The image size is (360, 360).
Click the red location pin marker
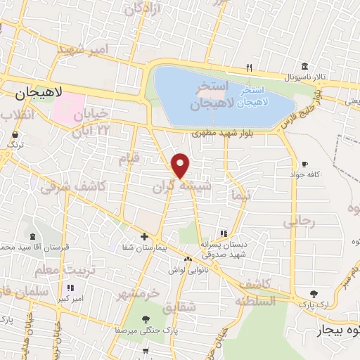[181, 165]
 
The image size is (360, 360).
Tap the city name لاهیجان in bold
[39, 91]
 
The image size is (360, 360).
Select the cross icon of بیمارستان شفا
[144, 236]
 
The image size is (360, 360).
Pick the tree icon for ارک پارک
[314, 293]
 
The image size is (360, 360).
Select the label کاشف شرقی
[72, 186]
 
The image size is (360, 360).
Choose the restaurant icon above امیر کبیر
[70, 288]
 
